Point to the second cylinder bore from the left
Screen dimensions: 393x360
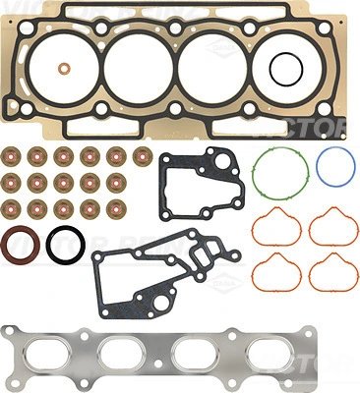pyautogui.click(x=138, y=66)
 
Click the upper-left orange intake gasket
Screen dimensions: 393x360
pyautogui.click(x=276, y=228)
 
